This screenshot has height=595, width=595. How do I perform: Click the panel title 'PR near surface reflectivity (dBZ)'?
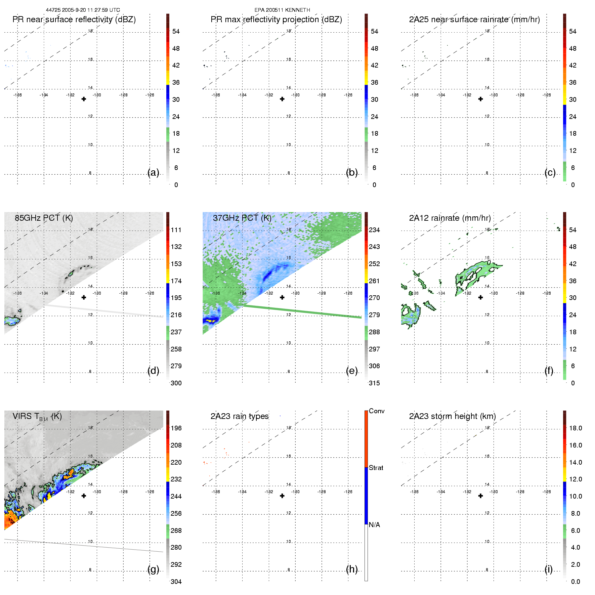(74, 19)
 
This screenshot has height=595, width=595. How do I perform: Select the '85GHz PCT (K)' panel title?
(44, 218)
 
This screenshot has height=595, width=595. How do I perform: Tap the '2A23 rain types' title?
(240, 416)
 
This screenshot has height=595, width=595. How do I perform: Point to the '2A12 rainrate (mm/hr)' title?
(450, 218)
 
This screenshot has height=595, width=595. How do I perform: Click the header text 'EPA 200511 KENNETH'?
(282, 10)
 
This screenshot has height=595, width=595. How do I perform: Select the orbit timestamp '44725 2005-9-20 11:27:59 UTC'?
(83, 10)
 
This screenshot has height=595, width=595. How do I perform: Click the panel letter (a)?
(153, 172)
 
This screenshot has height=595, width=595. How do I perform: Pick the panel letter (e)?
(352, 371)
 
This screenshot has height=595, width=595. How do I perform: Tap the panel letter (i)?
(548, 569)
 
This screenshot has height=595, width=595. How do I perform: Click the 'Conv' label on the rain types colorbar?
(377, 411)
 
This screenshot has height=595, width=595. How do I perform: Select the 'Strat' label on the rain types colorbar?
(376, 468)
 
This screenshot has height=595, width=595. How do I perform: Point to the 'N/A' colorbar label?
(374, 525)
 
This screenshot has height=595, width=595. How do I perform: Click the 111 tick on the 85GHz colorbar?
(176, 230)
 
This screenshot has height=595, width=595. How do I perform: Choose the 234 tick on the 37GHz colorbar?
(374, 230)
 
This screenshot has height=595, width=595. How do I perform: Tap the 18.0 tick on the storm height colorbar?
(576, 428)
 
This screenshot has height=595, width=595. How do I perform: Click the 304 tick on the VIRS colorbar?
(176, 582)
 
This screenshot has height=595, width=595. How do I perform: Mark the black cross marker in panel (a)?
(84, 99)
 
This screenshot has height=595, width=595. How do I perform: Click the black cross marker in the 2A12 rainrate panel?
(481, 297)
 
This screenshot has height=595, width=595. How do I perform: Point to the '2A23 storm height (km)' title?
(452, 416)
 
